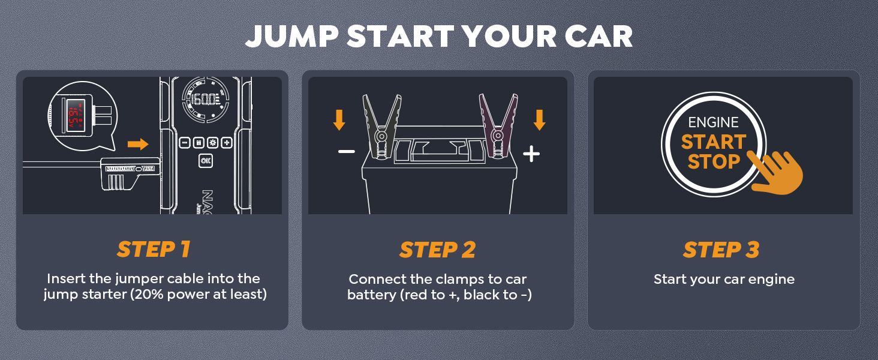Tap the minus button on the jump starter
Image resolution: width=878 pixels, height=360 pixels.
185,143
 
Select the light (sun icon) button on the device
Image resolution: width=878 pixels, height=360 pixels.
212,143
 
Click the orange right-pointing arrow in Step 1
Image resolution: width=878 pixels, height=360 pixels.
138,144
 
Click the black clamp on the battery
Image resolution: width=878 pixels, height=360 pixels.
380,127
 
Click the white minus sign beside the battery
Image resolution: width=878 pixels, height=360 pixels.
347,152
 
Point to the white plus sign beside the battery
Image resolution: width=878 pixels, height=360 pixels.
531,154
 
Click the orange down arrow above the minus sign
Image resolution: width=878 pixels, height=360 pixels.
339,120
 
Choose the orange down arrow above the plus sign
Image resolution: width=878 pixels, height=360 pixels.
539,120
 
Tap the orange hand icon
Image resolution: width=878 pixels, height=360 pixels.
777,172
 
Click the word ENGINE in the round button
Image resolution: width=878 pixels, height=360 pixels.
713,123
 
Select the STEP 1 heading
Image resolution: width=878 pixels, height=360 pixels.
153,250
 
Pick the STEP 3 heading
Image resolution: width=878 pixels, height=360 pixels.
721,250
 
